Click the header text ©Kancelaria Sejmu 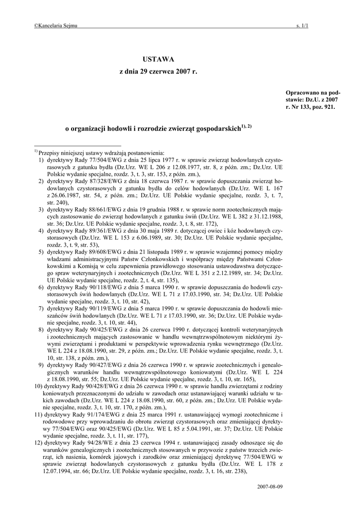coord(55,26)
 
